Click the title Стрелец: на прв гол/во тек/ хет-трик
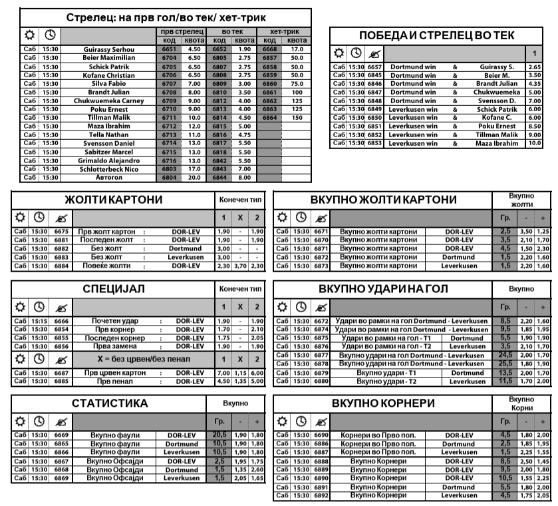coord(166,17)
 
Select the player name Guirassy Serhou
coord(109,49)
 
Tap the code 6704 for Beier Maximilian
coord(168,58)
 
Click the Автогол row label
coord(109,178)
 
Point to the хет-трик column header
coord(283,31)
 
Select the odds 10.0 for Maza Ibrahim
coord(533,143)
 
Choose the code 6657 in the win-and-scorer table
coord(374,67)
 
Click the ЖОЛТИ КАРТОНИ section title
coord(113,200)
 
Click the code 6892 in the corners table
coord(321,495)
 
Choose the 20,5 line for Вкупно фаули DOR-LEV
coord(219,435)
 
